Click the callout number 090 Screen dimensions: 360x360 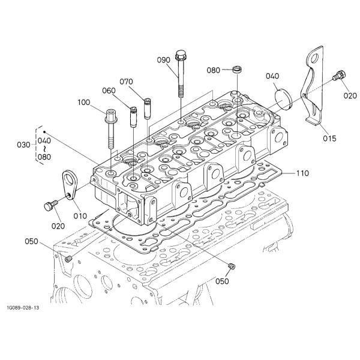point(164,61)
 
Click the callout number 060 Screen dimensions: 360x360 point(109,91)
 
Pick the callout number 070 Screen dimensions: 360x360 point(126,81)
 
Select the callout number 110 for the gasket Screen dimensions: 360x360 point(302,173)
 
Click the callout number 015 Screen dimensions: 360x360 point(328,139)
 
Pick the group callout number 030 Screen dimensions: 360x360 point(23,145)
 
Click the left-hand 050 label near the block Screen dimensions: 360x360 point(32,242)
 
